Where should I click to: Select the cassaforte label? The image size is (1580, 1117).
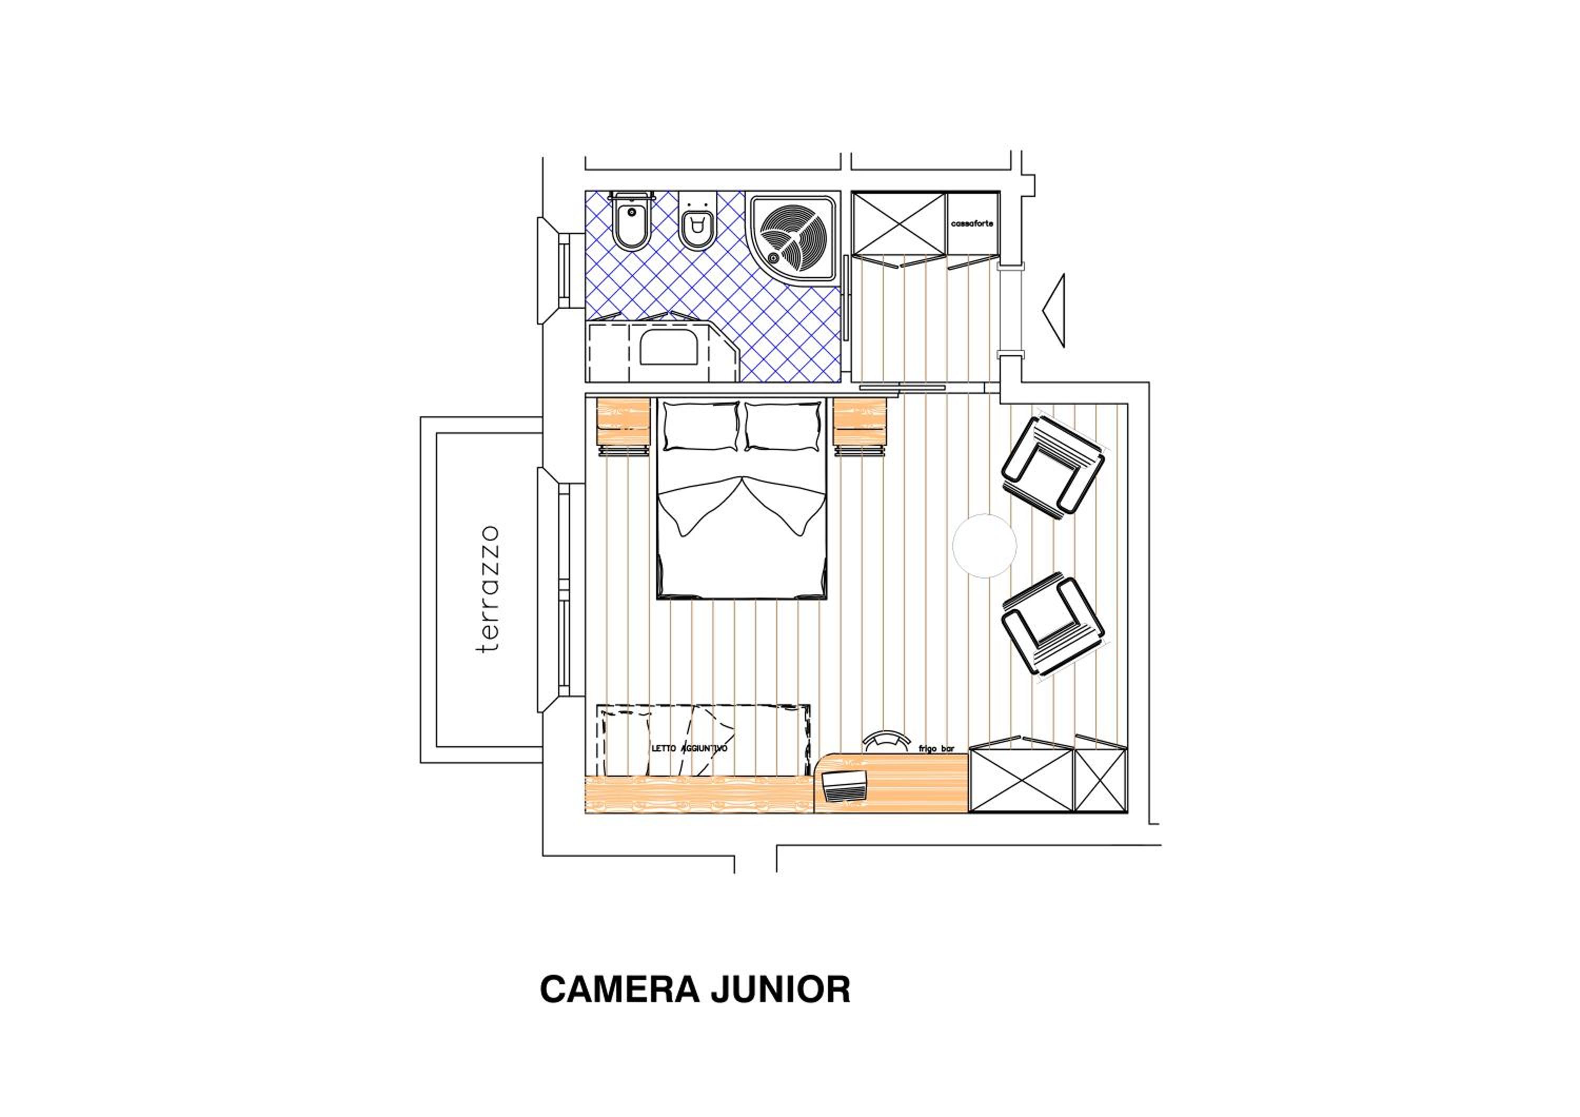pos(972,224)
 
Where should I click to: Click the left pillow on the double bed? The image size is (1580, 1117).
pos(701,427)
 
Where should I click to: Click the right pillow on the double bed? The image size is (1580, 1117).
pos(783,427)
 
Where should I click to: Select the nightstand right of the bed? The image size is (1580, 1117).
pos(860,426)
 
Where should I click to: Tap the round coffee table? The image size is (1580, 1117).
pos(984,545)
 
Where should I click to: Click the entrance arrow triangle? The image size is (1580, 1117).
pos(1055,310)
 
